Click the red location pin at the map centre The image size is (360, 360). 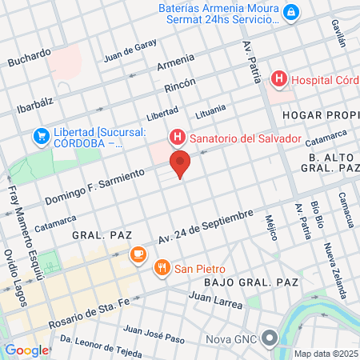(x=180, y=163)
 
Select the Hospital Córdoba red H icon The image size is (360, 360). (x=278, y=79)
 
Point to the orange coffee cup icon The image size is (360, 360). (x=138, y=254)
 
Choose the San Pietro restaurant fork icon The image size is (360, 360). (x=162, y=268)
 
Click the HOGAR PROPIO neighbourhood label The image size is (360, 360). (x=322, y=115)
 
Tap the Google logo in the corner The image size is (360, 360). (x=26, y=350)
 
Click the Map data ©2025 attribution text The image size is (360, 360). (x=324, y=353)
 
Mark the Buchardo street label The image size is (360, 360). (x=29, y=61)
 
